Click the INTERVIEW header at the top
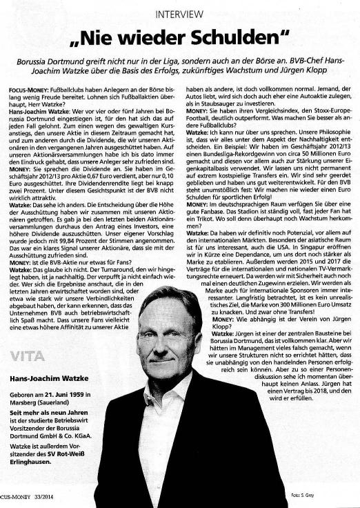point(179,14)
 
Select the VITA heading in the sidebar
point(28,355)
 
